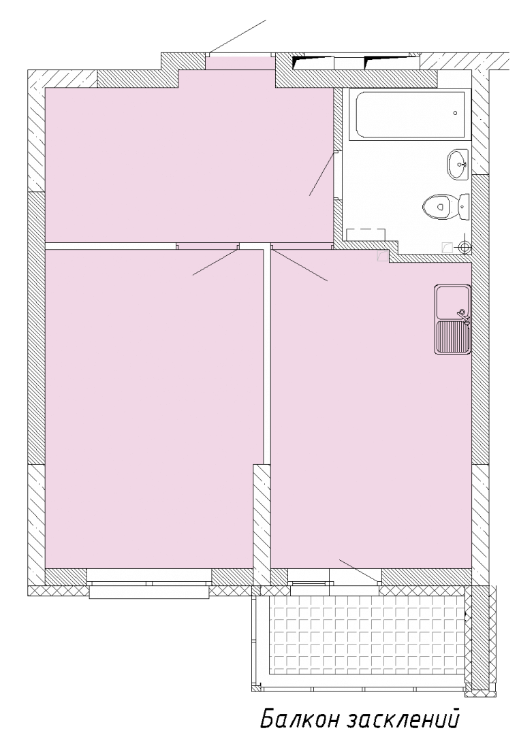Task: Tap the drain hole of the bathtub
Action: (x=455, y=112)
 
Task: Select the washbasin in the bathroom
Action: (x=458, y=164)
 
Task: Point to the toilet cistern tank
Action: (x=463, y=207)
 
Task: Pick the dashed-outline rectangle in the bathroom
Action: (x=366, y=235)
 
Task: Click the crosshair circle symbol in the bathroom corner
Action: (x=465, y=246)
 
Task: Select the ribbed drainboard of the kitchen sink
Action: (x=452, y=337)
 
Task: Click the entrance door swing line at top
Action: (x=238, y=37)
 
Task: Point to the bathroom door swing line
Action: (x=322, y=174)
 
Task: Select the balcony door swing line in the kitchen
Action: (x=360, y=571)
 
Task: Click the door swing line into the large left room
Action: (x=216, y=262)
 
